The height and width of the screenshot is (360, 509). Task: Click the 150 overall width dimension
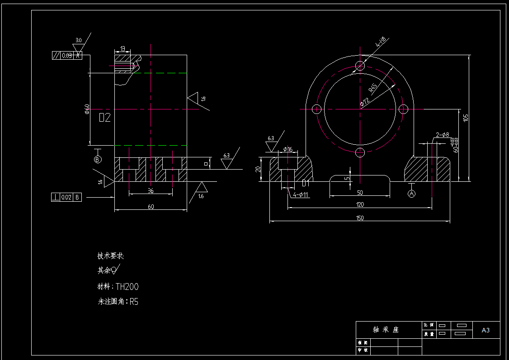click(360, 218)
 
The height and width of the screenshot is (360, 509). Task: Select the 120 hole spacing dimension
click(360, 204)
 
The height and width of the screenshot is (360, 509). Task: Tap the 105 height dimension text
click(466, 118)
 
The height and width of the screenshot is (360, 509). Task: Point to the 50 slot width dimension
click(360, 193)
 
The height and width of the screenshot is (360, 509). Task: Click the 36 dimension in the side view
click(151, 191)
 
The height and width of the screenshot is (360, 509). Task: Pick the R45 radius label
click(373, 88)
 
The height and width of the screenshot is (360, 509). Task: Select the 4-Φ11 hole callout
click(301, 195)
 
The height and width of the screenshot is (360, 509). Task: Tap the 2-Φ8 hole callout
click(443, 134)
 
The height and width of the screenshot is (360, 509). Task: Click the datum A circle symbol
click(411, 194)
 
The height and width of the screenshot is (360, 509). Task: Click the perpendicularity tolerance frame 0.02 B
click(66, 197)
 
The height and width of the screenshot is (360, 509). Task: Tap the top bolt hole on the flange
click(360, 66)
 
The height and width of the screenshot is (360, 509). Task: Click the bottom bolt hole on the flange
click(360, 152)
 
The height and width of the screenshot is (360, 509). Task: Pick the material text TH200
click(127, 286)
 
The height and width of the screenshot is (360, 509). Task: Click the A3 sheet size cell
click(485, 330)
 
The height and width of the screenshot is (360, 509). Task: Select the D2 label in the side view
click(104, 118)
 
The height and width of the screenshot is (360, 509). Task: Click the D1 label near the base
click(306, 183)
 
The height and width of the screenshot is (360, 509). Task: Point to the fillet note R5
click(134, 302)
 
